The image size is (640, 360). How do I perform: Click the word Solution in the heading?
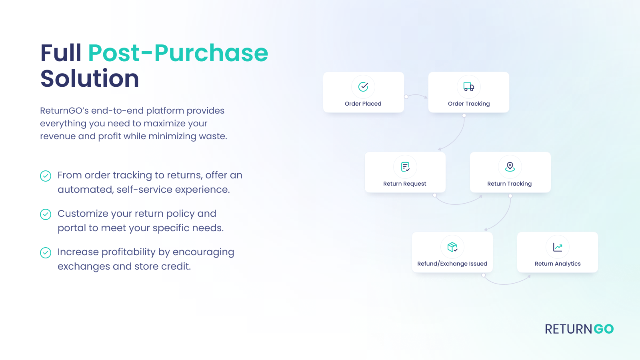(90, 78)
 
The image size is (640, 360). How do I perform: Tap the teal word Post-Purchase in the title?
(178, 53)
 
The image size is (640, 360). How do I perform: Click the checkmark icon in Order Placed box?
(363, 86)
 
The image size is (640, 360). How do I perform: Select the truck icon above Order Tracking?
(469, 86)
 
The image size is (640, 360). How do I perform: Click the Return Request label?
(404, 184)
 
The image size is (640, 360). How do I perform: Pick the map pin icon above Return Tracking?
(510, 166)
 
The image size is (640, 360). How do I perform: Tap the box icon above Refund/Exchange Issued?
(452, 247)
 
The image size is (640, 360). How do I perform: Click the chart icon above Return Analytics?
(558, 247)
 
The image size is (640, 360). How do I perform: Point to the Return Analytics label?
(558, 264)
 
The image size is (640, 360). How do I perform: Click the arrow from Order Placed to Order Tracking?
(416, 96)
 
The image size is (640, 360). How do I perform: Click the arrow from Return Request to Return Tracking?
(458, 203)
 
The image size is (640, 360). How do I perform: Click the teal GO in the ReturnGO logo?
(604, 329)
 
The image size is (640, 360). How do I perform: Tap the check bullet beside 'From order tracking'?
(46, 176)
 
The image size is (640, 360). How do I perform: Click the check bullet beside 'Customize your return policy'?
(46, 214)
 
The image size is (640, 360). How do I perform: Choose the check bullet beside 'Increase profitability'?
(46, 253)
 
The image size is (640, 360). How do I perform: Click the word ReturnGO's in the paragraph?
(64, 111)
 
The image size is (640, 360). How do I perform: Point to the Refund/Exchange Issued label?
(452, 264)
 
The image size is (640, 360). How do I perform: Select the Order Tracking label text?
(469, 104)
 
